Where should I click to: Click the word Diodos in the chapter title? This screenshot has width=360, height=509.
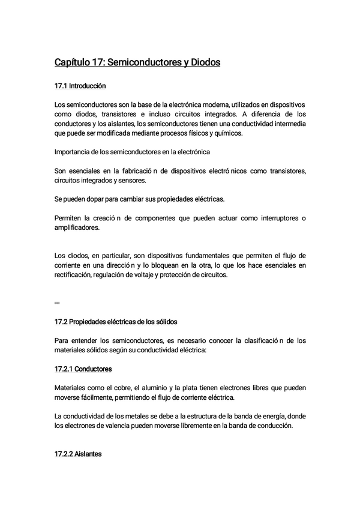coord(204,62)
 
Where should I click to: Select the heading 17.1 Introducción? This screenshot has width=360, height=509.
coord(80,86)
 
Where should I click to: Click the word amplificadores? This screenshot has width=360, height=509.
coord(77,227)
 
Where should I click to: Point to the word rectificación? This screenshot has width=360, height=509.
coord(73,275)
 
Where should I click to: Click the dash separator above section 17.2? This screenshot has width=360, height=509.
coord(57,302)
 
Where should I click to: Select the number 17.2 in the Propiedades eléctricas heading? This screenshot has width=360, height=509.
coord(62,322)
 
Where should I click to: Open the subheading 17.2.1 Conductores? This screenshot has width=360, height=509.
coord(83,368)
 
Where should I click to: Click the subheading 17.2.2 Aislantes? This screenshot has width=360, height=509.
coord(78,454)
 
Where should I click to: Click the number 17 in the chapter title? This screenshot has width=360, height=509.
coord(99,62)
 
